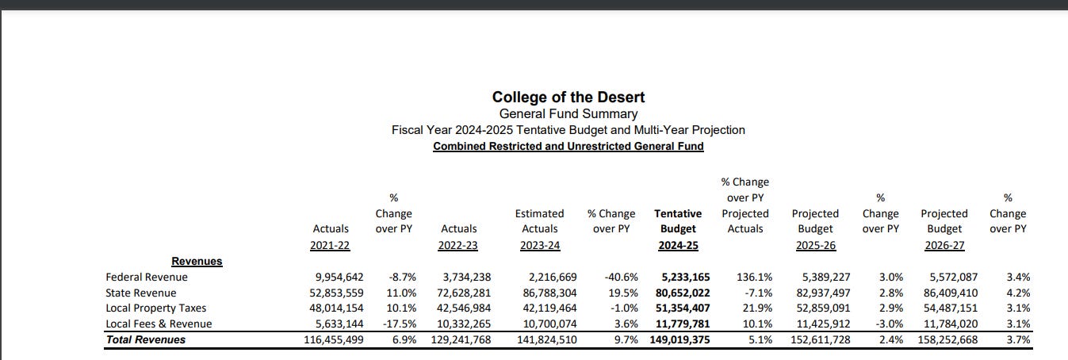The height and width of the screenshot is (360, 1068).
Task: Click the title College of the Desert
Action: coord(568,98)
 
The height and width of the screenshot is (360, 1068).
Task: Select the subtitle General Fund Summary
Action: coord(568,114)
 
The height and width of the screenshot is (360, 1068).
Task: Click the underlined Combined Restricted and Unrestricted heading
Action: coord(568,147)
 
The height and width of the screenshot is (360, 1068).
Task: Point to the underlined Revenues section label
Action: coord(197,262)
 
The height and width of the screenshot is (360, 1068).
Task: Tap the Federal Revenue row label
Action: coord(147,278)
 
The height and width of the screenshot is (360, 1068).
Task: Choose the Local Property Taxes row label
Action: coord(155,308)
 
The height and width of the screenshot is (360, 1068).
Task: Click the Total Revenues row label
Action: coord(146,340)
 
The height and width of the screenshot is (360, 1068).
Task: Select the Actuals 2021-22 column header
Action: coord(330,237)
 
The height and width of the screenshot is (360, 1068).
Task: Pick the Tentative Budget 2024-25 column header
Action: coord(678,229)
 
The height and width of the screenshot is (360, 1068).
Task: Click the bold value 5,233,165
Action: coord(686,278)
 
